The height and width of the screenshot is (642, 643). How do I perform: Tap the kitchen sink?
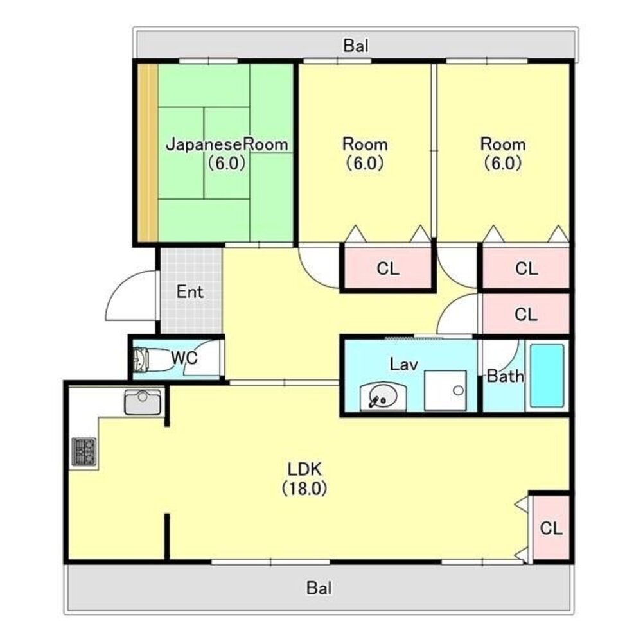pyautogui.click(x=143, y=402)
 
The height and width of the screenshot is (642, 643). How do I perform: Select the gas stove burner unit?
pyautogui.click(x=84, y=452)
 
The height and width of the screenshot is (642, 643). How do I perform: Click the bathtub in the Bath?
pyautogui.click(x=547, y=376)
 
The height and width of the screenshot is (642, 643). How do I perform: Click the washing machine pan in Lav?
pyautogui.click(x=445, y=390)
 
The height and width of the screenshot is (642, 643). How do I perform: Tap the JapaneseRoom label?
pyautogui.click(x=227, y=144)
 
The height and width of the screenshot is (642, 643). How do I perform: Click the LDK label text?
pyautogui.click(x=304, y=469)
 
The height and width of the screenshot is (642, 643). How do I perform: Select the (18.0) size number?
pyautogui.click(x=304, y=489)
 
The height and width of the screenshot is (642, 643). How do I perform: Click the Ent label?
pyautogui.click(x=190, y=292)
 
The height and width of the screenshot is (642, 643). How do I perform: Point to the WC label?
pyautogui.click(x=184, y=358)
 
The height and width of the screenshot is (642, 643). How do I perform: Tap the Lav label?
pyautogui.click(x=403, y=364)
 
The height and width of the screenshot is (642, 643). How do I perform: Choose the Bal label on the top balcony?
pyautogui.click(x=355, y=46)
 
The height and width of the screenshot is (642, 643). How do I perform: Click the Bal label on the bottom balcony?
pyautogui.click(x=319, y=588)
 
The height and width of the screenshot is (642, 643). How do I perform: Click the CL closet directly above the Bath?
pyautogui.click(x=526, y=314)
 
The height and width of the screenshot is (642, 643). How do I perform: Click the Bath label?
pyautogui.click(x=505, y=376)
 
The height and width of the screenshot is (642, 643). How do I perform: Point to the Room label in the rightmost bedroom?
pyautogui.click(x=503, y=144)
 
